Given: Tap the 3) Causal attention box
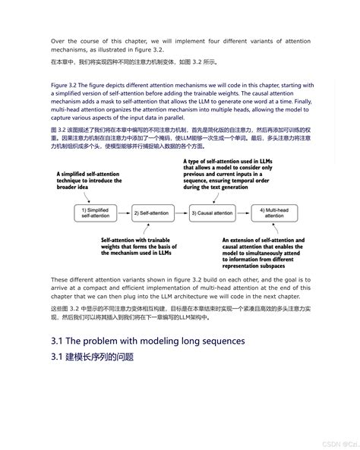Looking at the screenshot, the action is click(x=211, y=213).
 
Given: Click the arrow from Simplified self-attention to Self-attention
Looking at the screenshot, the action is click(x=122, y=213).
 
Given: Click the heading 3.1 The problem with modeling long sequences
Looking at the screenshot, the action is click(x=147, y=341).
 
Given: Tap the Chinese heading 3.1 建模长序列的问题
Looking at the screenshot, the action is click(x=92, y=357).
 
